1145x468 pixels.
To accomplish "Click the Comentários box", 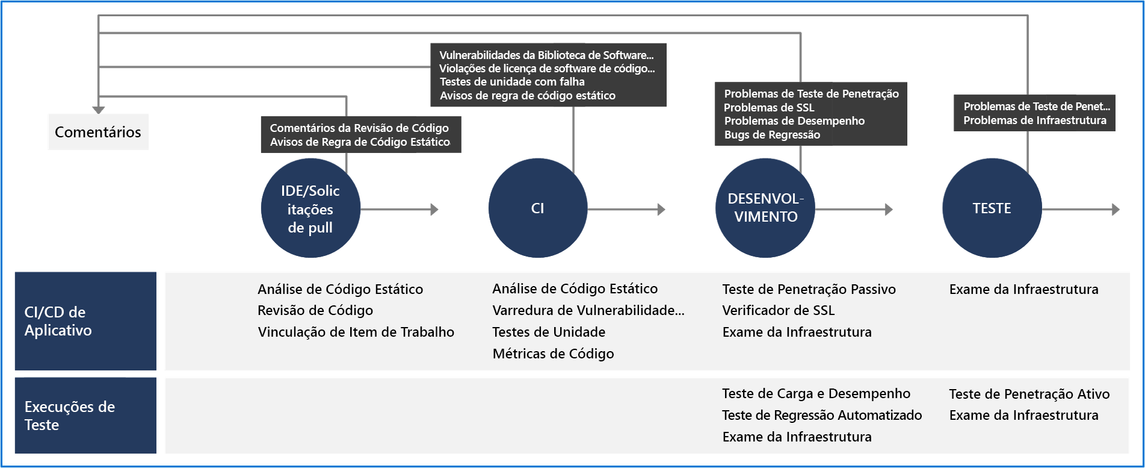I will (97, 132).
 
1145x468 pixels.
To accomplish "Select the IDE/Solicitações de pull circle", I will (310, 208).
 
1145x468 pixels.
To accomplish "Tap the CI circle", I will (537, 208).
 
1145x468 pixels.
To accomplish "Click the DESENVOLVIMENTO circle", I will (765, 208).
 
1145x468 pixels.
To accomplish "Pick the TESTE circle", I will (992, 208).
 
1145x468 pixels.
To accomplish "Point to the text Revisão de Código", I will (315, 310).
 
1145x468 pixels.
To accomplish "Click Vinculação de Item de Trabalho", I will (356, 332).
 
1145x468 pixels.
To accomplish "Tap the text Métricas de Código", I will (553, 354).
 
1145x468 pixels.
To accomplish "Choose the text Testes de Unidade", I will (549, 332).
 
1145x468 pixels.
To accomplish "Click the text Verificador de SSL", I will (778, 310).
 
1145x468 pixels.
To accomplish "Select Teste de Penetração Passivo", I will (809, 289).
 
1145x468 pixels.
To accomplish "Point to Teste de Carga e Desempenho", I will (816, 394).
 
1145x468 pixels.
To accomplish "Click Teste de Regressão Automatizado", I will (822, 415).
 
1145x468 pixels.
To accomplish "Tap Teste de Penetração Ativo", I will (1029, 394).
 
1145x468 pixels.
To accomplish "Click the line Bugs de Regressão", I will (772, 135).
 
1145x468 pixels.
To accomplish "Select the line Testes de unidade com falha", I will (512, 82).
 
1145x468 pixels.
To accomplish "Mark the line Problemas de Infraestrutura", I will (1034, 120).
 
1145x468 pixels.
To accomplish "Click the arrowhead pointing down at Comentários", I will (99, 110).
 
